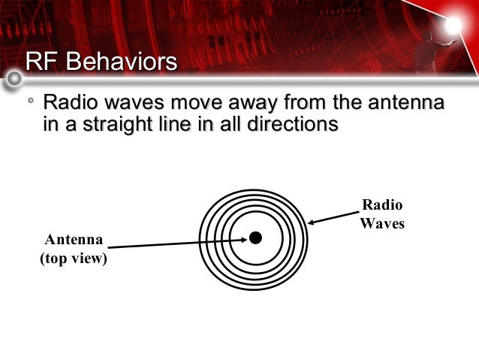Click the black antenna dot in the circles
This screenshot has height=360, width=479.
(x=255, y=237)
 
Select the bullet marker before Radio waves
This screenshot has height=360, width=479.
(x=30, y=100)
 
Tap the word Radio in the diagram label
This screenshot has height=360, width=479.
(x=382, y=205)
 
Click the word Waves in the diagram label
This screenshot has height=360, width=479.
(x=382, y=223)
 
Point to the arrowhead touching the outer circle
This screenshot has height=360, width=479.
(x=312, y=222)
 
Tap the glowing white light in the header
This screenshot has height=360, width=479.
(x=453, y=26)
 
